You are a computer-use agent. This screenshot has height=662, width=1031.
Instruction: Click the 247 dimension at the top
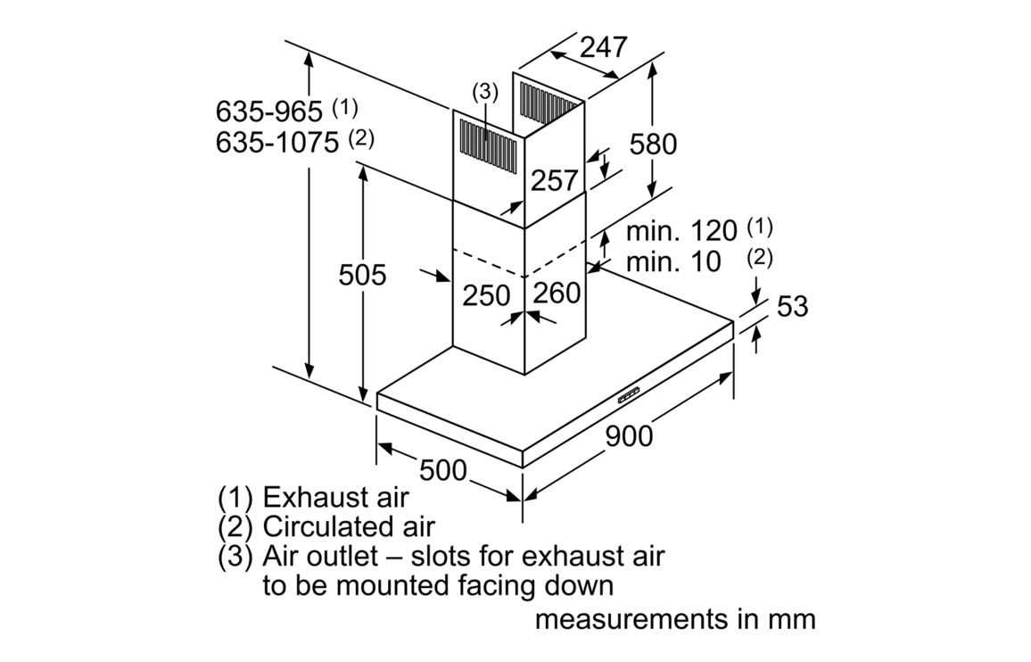(604, 46)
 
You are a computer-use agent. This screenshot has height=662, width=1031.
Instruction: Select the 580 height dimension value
(653, 143)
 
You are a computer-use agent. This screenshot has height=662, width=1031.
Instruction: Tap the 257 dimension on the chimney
(554, 180)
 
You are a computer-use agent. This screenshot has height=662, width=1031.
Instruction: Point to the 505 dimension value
(362, 275)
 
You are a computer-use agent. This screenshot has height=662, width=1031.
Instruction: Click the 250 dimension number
(486, 295)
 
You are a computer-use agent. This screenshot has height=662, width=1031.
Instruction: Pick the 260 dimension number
(557, 293)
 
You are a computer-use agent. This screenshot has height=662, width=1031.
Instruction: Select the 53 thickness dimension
(792, 306)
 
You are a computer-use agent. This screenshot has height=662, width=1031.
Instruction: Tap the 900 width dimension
(629, 436)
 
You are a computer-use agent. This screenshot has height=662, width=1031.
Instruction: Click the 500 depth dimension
(443, 468)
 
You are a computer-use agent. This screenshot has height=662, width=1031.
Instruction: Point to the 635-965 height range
(268, 112)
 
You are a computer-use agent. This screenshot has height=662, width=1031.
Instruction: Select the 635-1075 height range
(276, 142)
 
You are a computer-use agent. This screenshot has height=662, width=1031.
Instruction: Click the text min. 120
(681, 231)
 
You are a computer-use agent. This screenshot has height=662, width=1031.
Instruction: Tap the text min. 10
(673, 261)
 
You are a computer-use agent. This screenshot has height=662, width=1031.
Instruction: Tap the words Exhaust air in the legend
(335, 497)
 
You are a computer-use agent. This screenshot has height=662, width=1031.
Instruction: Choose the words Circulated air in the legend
(349, 526)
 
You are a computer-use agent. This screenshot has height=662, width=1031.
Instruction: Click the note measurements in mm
(675, 618)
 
